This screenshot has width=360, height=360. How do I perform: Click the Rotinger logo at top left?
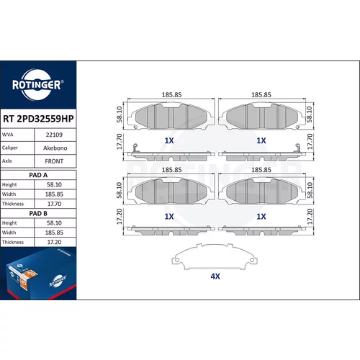point(38,85)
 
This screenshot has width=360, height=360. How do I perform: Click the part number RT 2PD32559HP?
point(38,119)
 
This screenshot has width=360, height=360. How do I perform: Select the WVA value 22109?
point(54,135)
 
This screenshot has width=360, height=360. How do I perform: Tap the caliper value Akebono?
point(55,148)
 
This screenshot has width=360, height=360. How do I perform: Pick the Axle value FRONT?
point(54,161)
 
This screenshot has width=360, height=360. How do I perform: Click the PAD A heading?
point(38,175)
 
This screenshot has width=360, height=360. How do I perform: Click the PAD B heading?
point(38,213)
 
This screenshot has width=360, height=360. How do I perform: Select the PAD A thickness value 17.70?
point(54,204)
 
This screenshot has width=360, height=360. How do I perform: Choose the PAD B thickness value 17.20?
point(54,242)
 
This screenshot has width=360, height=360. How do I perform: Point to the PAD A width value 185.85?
point(54,194)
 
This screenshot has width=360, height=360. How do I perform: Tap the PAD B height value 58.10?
point(54,223)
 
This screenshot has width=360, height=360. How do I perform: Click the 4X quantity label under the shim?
point(215,276)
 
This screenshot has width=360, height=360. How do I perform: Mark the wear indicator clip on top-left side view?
point(135,148)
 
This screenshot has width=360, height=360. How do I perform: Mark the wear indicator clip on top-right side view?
point(297,148)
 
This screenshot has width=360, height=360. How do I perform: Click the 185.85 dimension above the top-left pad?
point(171,95)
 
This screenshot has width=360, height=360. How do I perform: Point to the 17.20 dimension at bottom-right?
point(310,217)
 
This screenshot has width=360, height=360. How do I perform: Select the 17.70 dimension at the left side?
point(120,142)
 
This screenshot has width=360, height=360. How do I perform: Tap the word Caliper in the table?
point(10,148)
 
